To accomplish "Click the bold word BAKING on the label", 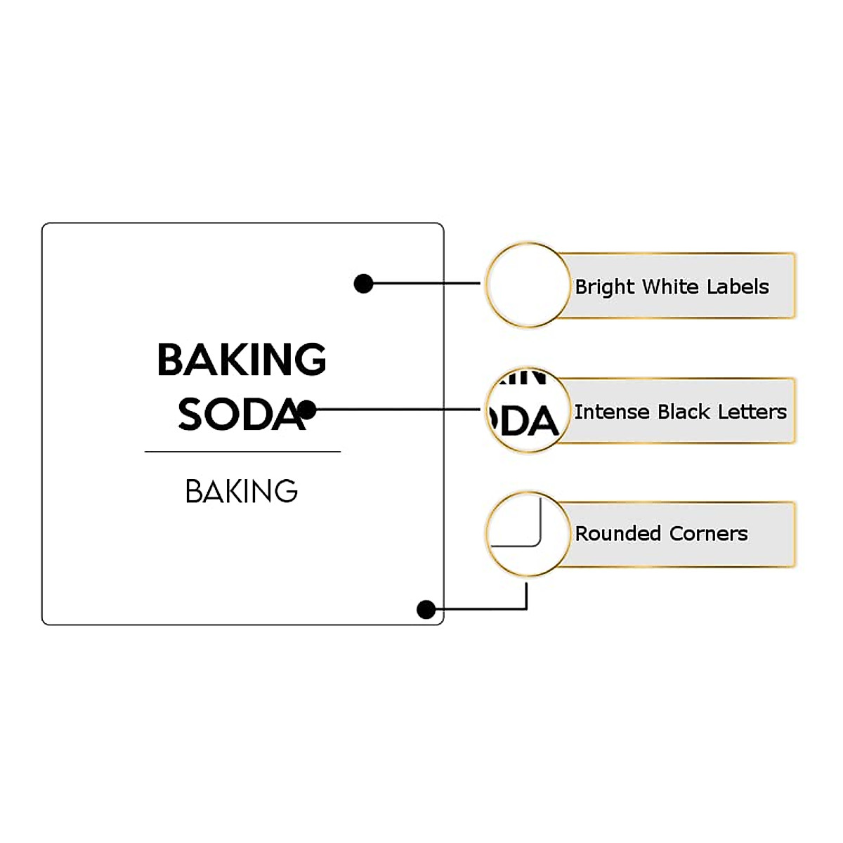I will (242, 360).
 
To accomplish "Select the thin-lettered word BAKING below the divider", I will (242, 491).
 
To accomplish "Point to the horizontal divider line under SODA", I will (242, 452).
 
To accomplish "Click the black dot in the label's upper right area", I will (363, 284).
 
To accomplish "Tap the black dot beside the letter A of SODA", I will (307, 410).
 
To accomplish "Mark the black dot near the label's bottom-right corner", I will (426, 609).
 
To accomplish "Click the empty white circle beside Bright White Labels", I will (528, 285).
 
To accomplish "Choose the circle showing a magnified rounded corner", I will (528, 534).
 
